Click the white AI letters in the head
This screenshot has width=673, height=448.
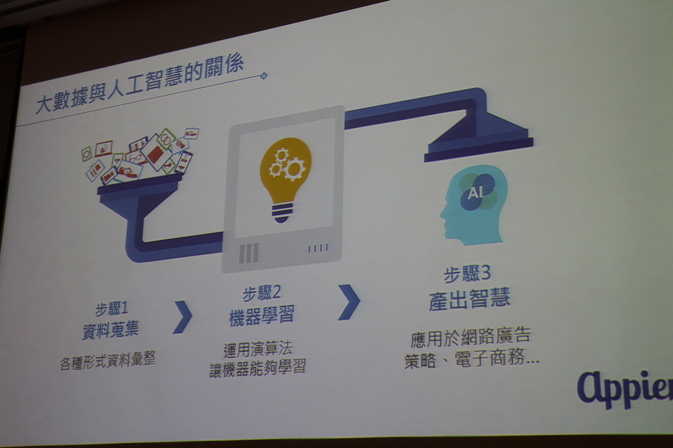(476, 193)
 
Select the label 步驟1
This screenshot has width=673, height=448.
(112, 309)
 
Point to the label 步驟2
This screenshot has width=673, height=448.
(261, 293)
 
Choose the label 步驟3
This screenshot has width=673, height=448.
(467, 273)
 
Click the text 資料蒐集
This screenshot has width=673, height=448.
(110, 329)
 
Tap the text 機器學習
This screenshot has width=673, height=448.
(261, 316)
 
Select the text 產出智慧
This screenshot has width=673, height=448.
(469, 299)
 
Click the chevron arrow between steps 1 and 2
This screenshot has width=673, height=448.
(183, 317)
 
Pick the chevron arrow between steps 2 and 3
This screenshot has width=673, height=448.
(349, 302)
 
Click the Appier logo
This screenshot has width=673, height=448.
(625, 390)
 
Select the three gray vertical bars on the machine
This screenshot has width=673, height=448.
(248, 253)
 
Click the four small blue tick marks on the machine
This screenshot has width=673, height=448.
(318, 248)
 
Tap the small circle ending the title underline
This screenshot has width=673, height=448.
(264, 76)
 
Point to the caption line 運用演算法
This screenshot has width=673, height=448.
(257, 349)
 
